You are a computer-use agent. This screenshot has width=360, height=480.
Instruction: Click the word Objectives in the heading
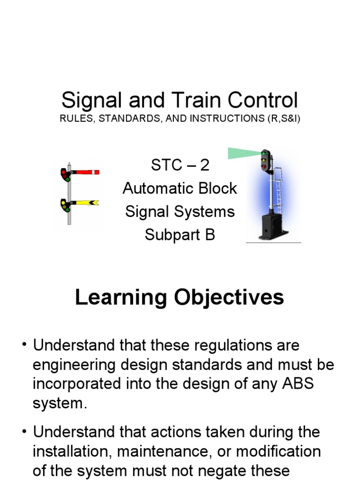pos(230,297)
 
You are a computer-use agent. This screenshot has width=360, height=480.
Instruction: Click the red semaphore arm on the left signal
pos(86,172)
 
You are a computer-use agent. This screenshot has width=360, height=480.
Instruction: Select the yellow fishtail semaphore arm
pos(86,202)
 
